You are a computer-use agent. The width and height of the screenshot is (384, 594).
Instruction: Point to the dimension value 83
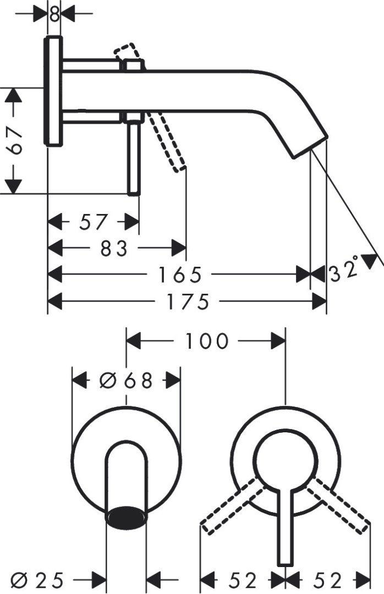point(114,248)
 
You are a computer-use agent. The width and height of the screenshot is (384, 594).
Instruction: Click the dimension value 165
point(178,274)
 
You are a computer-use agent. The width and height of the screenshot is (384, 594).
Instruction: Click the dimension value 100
point(206,342)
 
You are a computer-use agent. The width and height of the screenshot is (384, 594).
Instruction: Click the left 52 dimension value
point(243,579)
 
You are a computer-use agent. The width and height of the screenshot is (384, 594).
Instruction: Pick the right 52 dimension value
point(329,579)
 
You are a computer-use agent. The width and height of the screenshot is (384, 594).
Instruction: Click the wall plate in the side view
point(54,91)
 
